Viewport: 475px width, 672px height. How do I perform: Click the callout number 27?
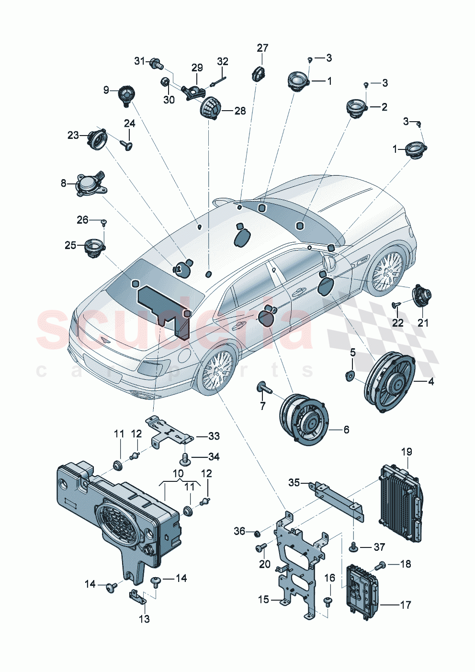pyautogui.click(x=262, y=48)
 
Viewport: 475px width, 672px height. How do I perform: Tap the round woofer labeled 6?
pyautogui.click(x=304, y=420)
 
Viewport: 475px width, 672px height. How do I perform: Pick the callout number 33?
pyautogui.click(x=214, y=436)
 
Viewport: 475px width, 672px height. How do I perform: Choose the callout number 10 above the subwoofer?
pyautogui.click(x=178, y=473)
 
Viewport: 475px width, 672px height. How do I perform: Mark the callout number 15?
pyautogui.click(x=263, y=599)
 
